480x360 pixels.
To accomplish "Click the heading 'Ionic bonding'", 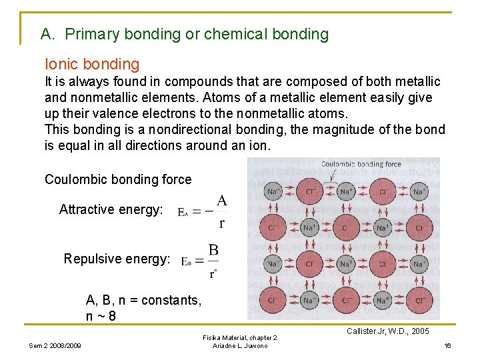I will [x=92, y=64].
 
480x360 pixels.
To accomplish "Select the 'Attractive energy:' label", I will [x=111, y=209].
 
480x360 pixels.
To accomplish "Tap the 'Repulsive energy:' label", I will [x=117, y=259].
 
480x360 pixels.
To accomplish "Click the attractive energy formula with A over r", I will [x=203, y=211].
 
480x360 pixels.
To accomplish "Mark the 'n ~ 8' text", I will [x=101, y=315].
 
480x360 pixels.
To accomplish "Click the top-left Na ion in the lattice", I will [x=272, y=192].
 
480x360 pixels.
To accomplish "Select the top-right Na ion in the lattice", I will [x=418, y=192].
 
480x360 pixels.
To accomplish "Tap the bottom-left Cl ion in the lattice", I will [x=272, y=301].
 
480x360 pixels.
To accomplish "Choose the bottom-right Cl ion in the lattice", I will [x=418, y=301].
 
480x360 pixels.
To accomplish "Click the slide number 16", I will [x=448, y=345].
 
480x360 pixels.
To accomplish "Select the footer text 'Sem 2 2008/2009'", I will [x=55, y=345].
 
